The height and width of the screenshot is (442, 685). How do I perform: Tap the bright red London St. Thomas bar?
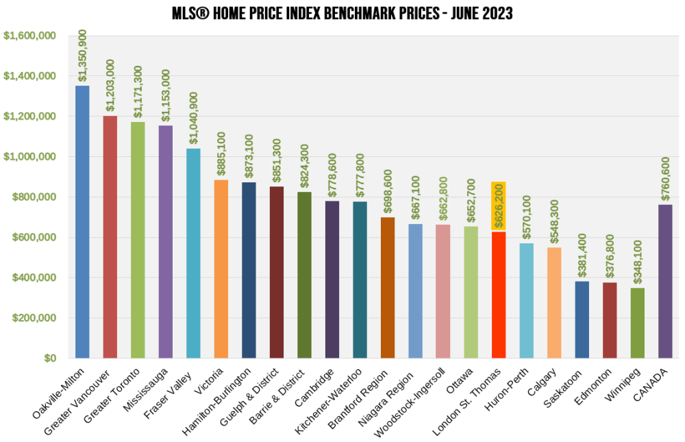(499, 295)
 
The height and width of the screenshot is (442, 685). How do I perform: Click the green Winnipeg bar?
(637, 323)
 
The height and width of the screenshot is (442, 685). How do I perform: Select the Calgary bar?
(554, 302)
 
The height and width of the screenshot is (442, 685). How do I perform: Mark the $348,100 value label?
(637, 261)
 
